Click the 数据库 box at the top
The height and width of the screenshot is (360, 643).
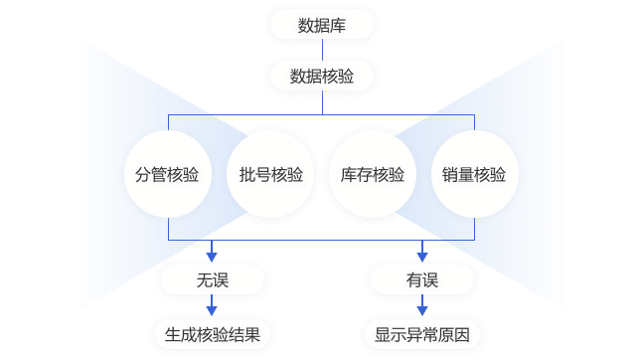point(322,25)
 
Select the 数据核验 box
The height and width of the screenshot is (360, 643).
point(322,76)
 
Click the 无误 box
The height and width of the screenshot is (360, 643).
point(212,281)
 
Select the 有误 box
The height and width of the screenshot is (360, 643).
point(421,281)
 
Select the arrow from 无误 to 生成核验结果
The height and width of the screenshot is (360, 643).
point(212,308)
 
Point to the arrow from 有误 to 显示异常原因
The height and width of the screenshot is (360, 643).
point(421,308)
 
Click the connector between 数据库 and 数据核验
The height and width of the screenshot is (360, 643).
point(322,51)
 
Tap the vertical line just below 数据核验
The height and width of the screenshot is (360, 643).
point(322,105)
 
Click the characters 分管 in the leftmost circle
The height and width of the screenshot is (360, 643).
point(151,176)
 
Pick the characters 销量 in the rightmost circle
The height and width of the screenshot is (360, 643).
point(458,176)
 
